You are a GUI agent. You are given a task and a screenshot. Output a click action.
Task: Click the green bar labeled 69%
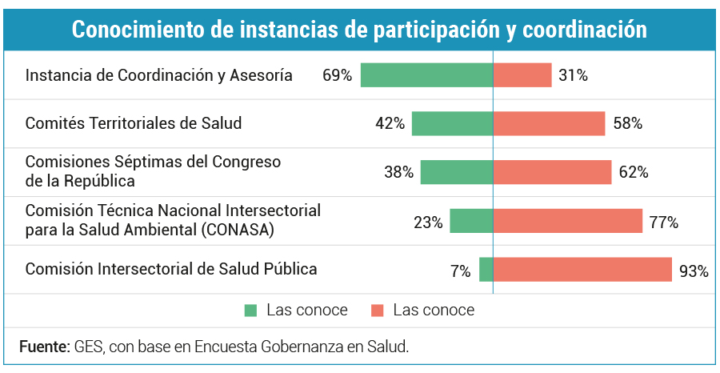click(426, 75)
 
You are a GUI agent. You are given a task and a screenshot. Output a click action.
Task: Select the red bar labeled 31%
click(522, 75)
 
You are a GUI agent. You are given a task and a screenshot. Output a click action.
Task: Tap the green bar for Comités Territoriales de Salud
click(452, 123)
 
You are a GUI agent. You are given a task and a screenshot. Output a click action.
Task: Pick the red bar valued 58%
click(549, 123)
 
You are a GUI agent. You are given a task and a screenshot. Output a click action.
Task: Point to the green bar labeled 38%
click(457, 172)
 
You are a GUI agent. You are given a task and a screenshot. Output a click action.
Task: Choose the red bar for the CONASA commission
click(568, 221)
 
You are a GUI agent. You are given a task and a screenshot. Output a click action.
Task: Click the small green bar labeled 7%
click(486, 270)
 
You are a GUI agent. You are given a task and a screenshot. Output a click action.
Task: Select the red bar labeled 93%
click(582, 270)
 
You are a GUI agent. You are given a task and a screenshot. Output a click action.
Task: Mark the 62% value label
click(634, 172)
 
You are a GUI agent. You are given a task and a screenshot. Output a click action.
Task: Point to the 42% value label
click(390, 124)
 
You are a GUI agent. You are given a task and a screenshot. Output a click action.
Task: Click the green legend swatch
click(251, 311)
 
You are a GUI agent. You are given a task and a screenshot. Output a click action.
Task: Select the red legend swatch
click(378, 311)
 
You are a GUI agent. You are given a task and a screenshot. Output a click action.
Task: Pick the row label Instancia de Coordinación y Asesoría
click(159, 76)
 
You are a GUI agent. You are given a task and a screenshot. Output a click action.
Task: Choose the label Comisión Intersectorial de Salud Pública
click(171, 269)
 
